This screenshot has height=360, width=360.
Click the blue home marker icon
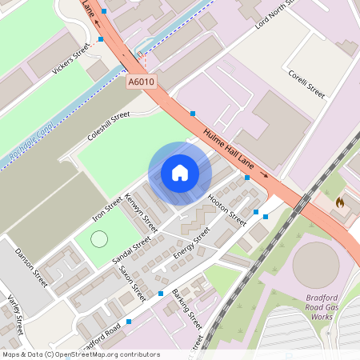pyautogui.click(x=180, y=173)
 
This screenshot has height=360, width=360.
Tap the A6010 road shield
pyautogui.click(x=141, y=82)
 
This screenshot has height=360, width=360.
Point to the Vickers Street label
pyautogui.click(x=70, y=59)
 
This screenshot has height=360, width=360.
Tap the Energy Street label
pyautogui.click(x=191, y=243)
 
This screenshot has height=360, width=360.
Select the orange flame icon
pyautogui.click(x=340, y=202)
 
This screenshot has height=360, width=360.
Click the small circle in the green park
pyautogui.click(x=99, y=238)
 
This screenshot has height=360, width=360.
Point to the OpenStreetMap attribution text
pyautogui.click(x=81, y=354)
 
